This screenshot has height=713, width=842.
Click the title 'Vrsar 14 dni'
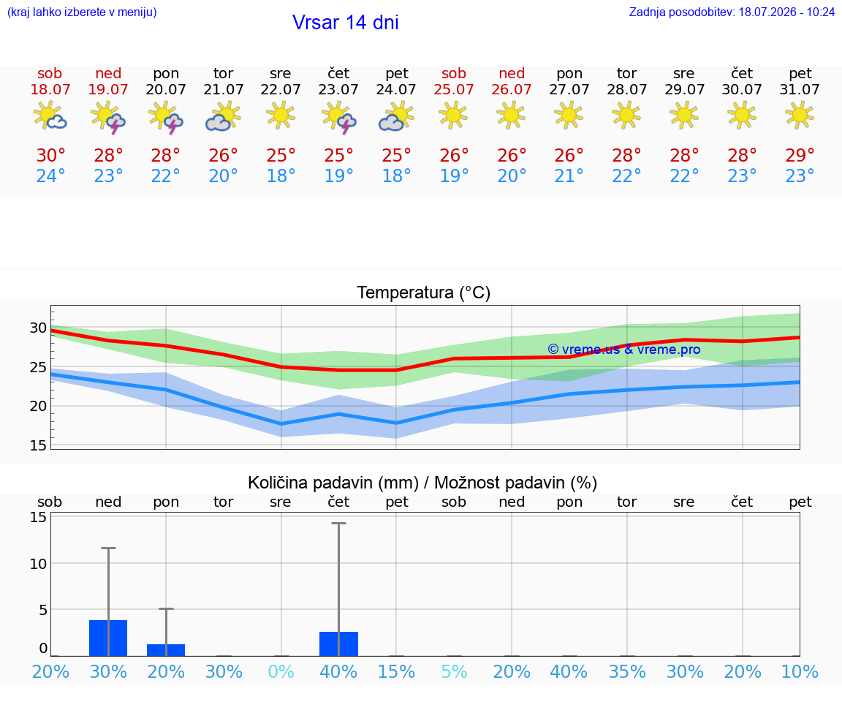click(345, 23)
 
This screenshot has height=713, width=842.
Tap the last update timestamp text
click(732, 12)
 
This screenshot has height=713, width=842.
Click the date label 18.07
click(50, 89)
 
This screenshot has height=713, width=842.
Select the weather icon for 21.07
click(223, 116)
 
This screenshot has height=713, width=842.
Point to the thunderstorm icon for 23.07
click(338, 117)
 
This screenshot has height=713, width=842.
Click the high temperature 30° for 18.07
click(50, 155)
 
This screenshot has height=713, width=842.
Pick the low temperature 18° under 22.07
click(281, 176)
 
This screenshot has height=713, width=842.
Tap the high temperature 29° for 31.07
click(800, 155)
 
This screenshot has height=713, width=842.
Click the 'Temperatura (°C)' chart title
click(424, 293)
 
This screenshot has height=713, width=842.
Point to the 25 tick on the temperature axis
click(38, 367)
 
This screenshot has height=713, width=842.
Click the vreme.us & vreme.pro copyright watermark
click(624, 350)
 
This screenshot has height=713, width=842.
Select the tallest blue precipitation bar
click(108, 638)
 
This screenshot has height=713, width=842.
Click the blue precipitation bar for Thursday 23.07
click(338, 644)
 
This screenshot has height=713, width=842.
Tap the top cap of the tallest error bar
click(338, 523)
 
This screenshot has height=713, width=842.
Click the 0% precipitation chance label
click(281, 671)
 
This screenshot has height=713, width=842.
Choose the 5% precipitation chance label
click(454, 671)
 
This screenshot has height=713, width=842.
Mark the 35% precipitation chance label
click(626, 671)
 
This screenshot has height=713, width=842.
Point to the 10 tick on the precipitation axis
click(38, 564)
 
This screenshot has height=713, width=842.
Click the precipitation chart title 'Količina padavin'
click(333, 483)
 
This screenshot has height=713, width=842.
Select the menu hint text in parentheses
click(82, 12)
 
